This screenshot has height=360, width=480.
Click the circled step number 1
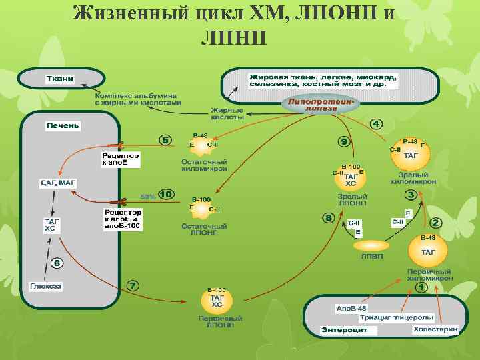tap(421, 287)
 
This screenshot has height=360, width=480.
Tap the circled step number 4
tap(377, 124)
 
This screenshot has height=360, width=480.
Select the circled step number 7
tap(133, 285)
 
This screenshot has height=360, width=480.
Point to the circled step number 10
tap(165, 195)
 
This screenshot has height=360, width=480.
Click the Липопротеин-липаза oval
tap(321, 104)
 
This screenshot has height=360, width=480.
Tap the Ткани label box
tap(59, 79)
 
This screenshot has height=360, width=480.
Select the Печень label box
tap(63, 125)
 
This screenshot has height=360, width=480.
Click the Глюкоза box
tap(45, 287)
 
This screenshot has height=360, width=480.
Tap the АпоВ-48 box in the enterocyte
tap(351, 308)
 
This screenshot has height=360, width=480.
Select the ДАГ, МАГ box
tap(58, 182)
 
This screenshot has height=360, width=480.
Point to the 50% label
tap(148, 196)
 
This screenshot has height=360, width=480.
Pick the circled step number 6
tap(57, 263)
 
